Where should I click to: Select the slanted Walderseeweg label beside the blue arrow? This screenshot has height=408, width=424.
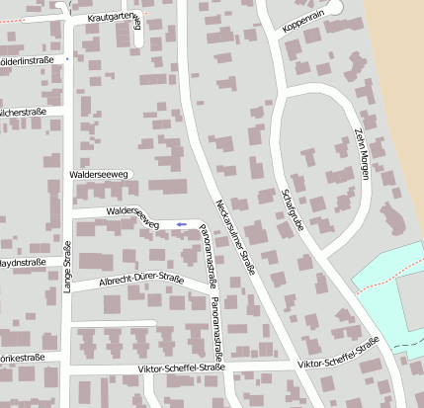tap(132, 216)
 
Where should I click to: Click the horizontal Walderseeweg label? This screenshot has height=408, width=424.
tap(99, 175)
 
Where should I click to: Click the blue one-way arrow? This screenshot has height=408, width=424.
tap(181, 224)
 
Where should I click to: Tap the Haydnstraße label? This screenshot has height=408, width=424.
tap(22, 263)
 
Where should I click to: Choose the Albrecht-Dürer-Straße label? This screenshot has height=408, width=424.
tap(141, 283)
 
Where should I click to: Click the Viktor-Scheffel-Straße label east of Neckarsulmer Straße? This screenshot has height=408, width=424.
tap(338, 355)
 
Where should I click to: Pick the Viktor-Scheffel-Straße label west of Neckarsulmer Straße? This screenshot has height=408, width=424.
tap(183, 367)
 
